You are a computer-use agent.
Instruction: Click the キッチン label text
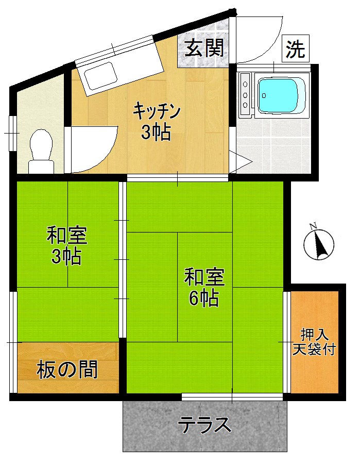point(157,111)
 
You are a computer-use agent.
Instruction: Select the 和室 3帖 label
point(66,246)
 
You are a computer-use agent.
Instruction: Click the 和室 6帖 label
point(204,287)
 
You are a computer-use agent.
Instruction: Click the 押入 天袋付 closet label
point(315,342)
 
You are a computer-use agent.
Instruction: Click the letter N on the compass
point(313,226)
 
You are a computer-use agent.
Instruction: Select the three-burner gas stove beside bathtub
point(245,94)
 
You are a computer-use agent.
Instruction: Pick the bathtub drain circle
point(263,95)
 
